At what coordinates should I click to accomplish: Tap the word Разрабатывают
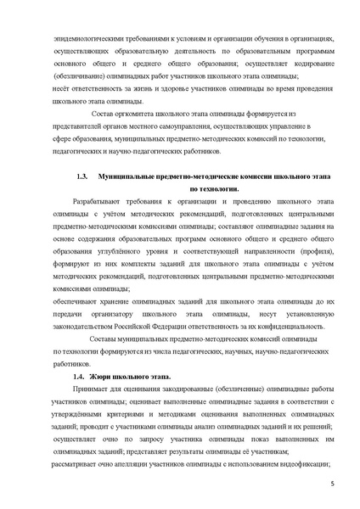100,204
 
